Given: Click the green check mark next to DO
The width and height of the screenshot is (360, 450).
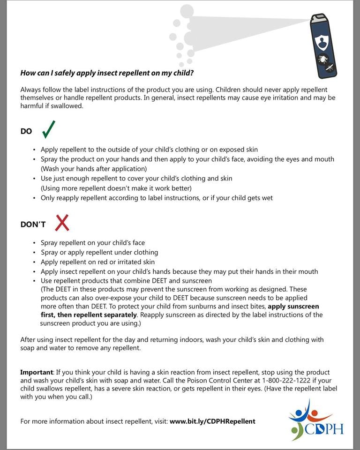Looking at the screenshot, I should click(x=48, y=129).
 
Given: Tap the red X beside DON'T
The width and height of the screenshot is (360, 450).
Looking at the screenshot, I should click(x=62, y=223).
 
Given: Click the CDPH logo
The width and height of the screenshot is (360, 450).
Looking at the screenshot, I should click(x=316, y=420).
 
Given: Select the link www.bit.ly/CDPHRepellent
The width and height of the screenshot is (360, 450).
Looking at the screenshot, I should click(x=212, y=421).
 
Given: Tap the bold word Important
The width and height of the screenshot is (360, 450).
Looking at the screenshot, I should click(x=36, y=372).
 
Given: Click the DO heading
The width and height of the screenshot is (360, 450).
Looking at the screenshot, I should click(x=26, y=131).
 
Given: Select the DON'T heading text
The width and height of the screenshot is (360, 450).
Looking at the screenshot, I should click(x=33, y=225).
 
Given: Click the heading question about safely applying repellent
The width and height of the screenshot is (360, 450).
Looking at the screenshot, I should click(x=107, y=73).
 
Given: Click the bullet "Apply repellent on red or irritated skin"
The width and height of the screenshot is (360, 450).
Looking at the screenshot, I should click(x=97, y=262).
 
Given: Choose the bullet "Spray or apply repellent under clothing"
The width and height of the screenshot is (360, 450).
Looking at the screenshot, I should click(x=99, y=252).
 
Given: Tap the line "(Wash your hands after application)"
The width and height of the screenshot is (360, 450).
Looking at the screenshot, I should click(x=94, y=168).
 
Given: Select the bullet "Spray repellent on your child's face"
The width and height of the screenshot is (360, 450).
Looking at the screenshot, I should click(x=93, y=242).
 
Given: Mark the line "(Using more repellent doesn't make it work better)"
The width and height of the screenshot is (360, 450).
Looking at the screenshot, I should click(x=116, y=188).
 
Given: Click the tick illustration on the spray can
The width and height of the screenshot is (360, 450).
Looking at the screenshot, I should click(x=323, y=59).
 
